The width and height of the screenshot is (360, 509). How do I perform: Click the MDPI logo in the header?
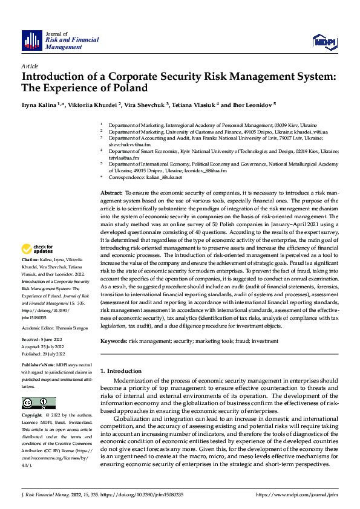323,41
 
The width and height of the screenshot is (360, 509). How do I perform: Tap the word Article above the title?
30,65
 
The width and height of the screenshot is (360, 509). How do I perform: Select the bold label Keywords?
114,342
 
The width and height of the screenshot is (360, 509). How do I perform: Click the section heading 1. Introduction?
120,371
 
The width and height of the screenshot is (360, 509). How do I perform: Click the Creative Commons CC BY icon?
39,403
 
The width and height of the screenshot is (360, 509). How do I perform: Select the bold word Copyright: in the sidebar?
33,416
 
